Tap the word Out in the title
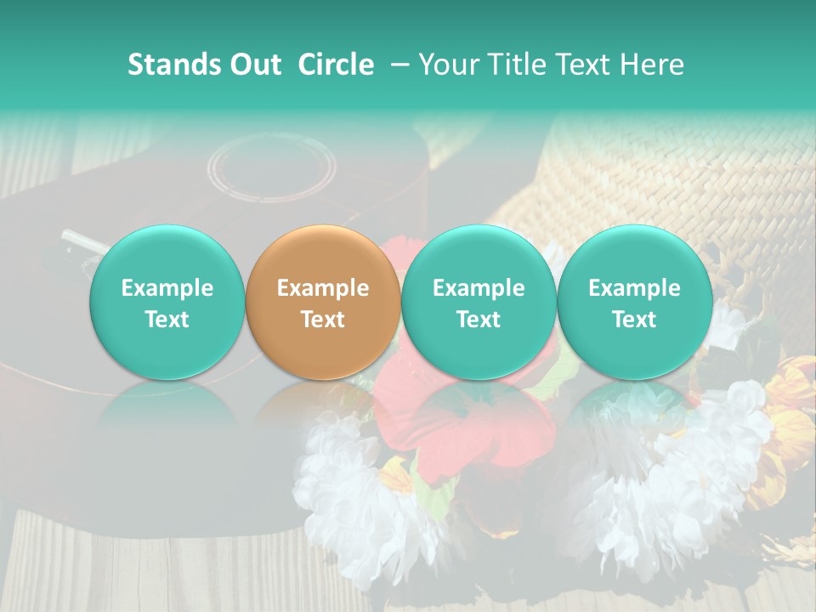(253, 65)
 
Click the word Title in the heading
(518, 65)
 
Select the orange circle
(322, 303)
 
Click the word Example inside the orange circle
(322, 288)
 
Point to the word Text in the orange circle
(322, 320)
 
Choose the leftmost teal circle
(167, 303)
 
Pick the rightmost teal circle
(634, 303)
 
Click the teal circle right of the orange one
(479, 303)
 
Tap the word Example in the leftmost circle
(167, 288)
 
